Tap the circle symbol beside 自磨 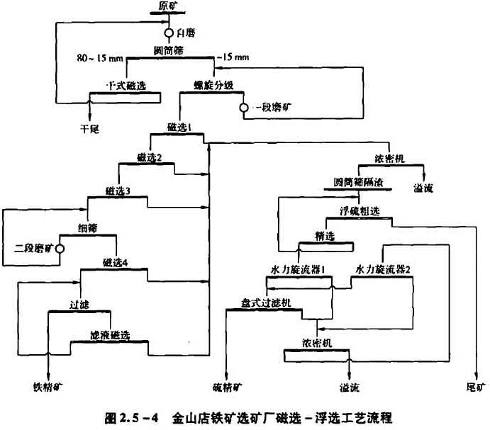(169, 33)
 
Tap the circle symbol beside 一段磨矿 (243, 107)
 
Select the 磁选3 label (118, 190)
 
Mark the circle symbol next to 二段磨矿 (60, 249)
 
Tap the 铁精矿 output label (48, 387)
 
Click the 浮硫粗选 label (361, 211)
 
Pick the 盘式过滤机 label (265, 302)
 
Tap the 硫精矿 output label (227, 387)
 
